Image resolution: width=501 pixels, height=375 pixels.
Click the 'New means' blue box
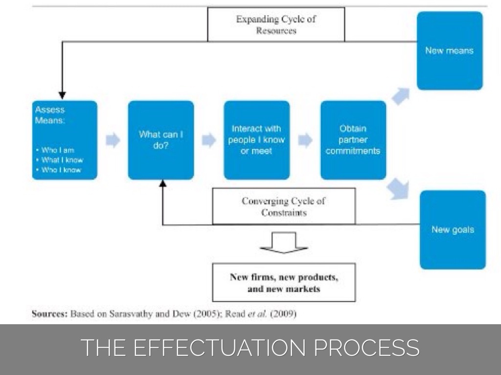[x=450, y=51]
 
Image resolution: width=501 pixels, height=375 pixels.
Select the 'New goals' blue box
[x=453, y=229]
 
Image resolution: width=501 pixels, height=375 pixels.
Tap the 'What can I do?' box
[x=161, y=140]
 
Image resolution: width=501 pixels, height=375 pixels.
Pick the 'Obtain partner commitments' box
[x=353, y=140]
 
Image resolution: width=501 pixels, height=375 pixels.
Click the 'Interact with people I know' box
[x=257, y=140]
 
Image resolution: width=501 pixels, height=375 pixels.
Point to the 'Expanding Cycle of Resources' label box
[x=276, y=24]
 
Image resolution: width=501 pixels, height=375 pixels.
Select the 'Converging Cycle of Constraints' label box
[x=284, y=207]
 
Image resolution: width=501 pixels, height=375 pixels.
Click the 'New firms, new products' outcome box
[x=284, y=282]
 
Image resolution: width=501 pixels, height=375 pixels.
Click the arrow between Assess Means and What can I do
[x=113, y=141]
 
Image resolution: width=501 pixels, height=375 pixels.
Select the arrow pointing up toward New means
[x=401, y=96]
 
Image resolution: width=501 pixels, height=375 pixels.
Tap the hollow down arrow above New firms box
[x=284, y=243]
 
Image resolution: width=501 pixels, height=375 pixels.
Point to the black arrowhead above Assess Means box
[x=62, y=95]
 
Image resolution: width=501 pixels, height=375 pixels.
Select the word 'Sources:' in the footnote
[x=49, y=314]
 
